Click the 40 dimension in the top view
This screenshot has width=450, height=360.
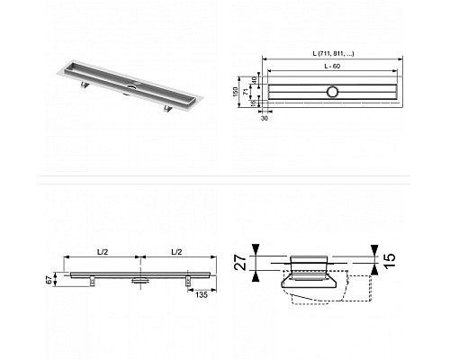(255, 82)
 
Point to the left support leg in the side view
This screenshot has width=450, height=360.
(94, 282)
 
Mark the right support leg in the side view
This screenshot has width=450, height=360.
(190, 282)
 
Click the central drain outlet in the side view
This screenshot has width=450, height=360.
(141, 281)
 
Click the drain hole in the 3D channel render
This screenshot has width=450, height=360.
(130, 86)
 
